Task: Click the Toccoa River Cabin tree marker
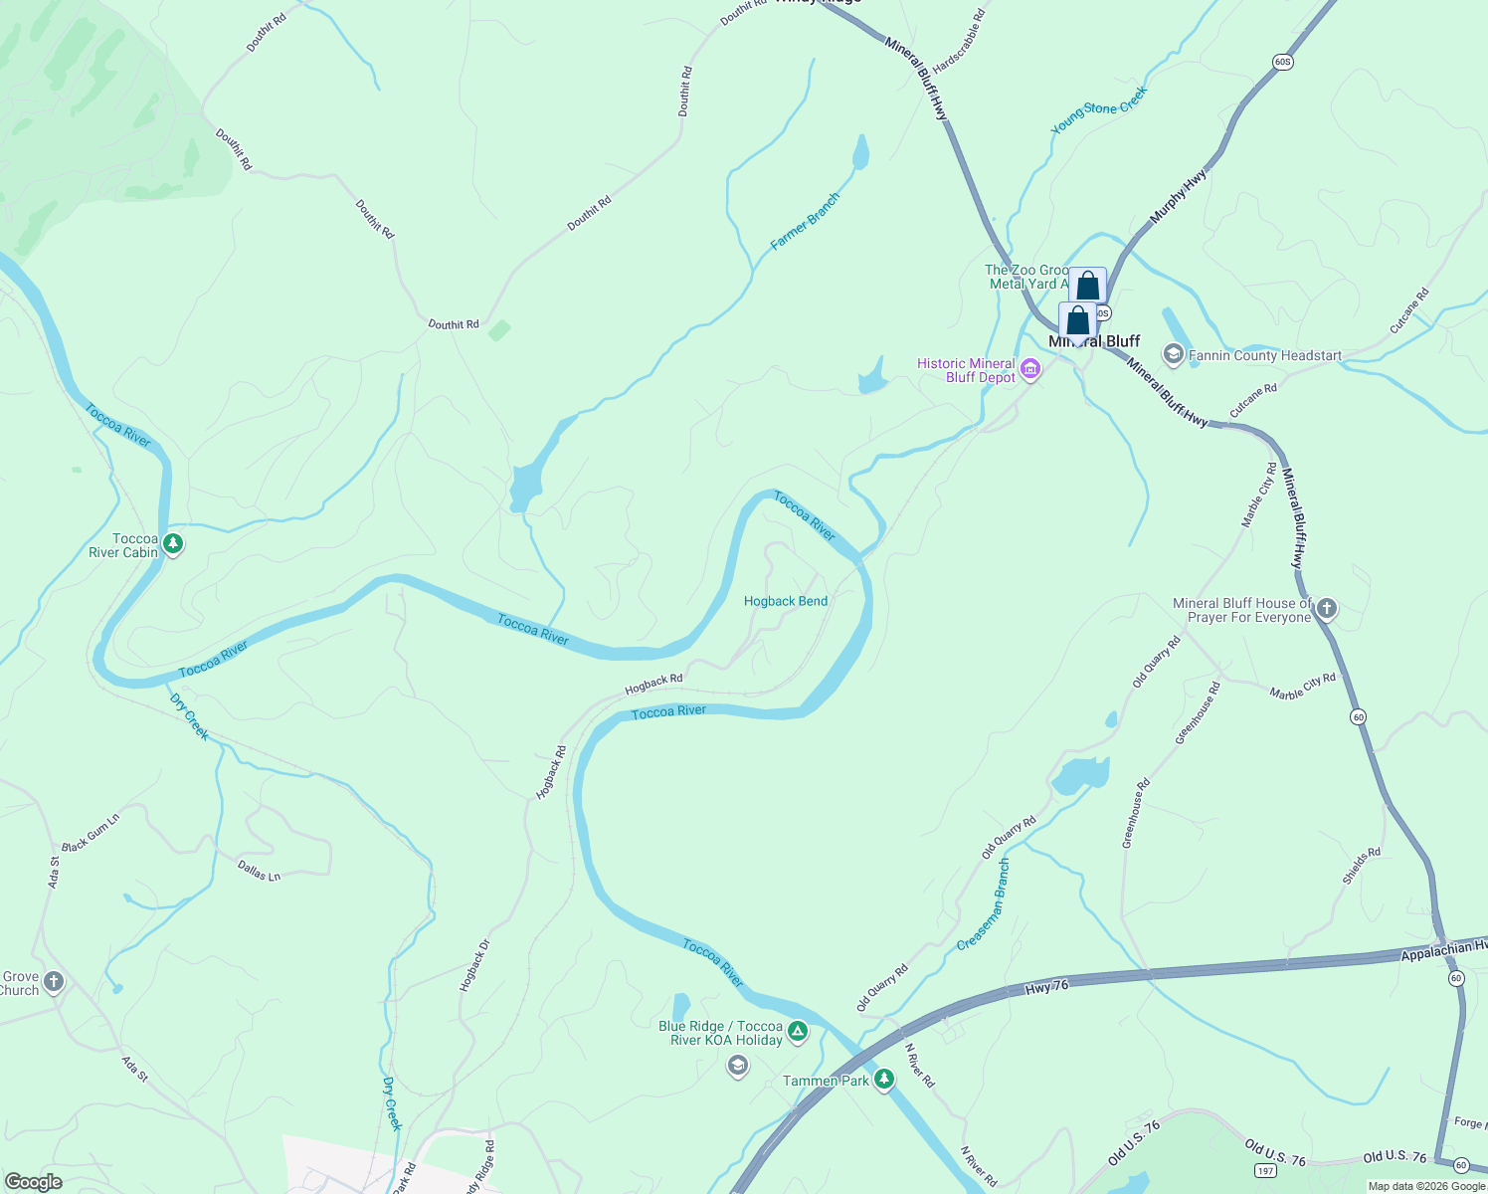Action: [x=173, y=543]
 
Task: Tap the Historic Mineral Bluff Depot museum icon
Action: [x=1030, y=371]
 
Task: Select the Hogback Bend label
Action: [x=785, y=601]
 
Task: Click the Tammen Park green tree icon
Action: [x=883, y=1081]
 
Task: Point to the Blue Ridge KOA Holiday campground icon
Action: [x=798, y=1031]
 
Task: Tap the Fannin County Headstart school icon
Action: [x=1174, y=355]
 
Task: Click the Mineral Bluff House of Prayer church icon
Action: [x=1326, y=609]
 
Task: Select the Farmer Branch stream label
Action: [x=805, y=221]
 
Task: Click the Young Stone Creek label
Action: [x=1099, y=108]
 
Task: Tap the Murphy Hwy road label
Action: [x=1178, y=196]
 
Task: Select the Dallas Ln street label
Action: [x=259, y=872]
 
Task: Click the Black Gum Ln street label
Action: [x=91, y=833]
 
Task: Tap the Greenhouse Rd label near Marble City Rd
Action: [x=1198, y=713]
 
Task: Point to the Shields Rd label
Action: [x=1362, y=866]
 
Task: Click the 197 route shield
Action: [x=1265, y=1170]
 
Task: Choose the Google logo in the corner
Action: [x=33, y=1182]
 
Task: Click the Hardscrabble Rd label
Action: [x=959, y=40]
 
